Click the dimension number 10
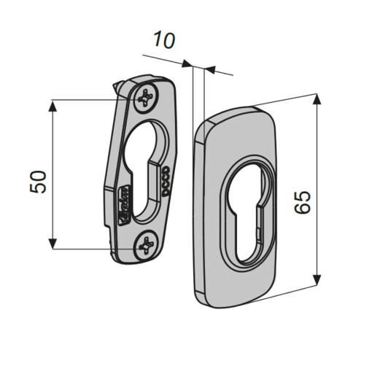click(x=166, y=41)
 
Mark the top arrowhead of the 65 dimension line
click(x=317, y=99)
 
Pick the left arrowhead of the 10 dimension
click(x=187, y=65)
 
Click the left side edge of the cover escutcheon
click(x=195, y=212)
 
